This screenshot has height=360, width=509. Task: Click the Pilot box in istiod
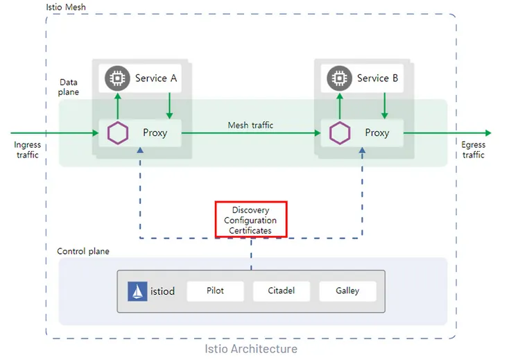pos(216,291)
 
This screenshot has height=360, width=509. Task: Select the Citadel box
pos(281,291)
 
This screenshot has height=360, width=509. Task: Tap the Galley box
pos(347,291)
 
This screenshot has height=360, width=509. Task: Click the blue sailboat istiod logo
pos(138,291)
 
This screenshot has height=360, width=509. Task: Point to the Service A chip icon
pos(117,79)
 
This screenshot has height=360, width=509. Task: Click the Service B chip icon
pos(339,79)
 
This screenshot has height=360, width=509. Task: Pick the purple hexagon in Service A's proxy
pos(119,132)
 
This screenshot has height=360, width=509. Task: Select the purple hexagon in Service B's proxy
pos(340,132)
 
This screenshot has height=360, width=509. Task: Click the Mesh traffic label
pos(250,126)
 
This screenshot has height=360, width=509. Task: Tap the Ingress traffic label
pos(28,150)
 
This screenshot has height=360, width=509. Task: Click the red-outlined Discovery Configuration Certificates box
pos(251,220)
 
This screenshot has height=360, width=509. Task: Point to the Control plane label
pos(83,251)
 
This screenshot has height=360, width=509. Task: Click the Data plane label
pos(69,87)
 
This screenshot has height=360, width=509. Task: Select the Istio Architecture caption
pos(251,349)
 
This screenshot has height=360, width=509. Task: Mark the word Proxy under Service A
pos(155,132)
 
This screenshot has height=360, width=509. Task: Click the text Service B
pos(377,78)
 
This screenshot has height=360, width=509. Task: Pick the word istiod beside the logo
pos(163,291)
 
